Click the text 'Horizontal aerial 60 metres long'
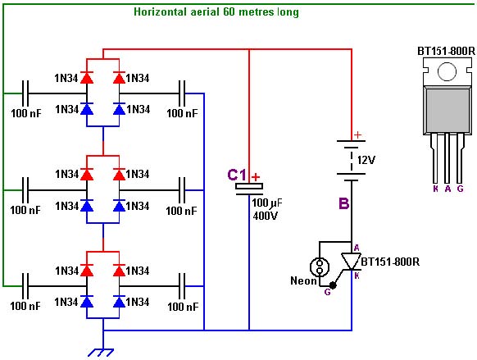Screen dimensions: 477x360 (x=216, y=11)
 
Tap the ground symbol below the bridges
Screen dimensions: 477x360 (x=101, y=353)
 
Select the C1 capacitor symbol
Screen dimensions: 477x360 (x=249, y=189)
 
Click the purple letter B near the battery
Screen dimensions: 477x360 (x=343, y=203)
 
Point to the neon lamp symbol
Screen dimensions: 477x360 (x=320, y=267)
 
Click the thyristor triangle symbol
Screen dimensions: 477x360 (x=351, y=262)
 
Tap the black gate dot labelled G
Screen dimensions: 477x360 (x=333, y=285)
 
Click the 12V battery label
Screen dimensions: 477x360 (x=366, y=160)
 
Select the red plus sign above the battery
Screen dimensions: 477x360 (x=358, y=134)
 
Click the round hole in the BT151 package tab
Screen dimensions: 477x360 (x=447, y=71)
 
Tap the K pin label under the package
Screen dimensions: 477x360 (x=436, y=189)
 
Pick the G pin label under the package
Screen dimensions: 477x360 (x=460, y=189)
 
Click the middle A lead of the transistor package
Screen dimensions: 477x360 (x=447, y=158)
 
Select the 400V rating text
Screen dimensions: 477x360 (x=266, y=216)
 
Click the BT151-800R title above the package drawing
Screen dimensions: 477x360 (x=446, y=51)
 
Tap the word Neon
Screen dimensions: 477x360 (x=303, y=280)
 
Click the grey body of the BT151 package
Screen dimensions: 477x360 (x=447, y=110)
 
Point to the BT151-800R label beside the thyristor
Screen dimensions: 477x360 (x=390, y=262)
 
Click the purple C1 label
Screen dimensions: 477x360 (x=237, y=175)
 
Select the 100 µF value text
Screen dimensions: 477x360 (x=267, y=203)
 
